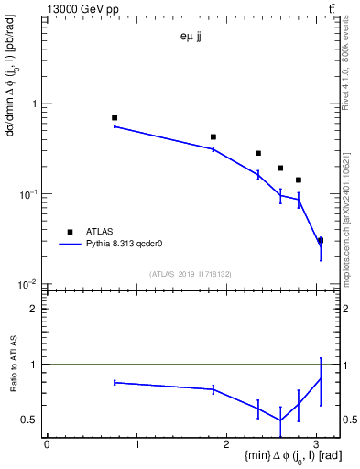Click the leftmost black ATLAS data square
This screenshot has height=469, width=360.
(x=115, y=118)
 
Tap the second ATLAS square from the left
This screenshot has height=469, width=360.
(x=213, y=136)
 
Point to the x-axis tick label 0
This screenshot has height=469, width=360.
(x=47, y=444)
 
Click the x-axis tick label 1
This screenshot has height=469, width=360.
(x=136, y=444)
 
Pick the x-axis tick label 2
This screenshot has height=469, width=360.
(x=226, y=444)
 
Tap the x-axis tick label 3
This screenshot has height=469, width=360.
(x=316, y=444)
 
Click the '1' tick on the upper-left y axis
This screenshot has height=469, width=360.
(x=36, y=104)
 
